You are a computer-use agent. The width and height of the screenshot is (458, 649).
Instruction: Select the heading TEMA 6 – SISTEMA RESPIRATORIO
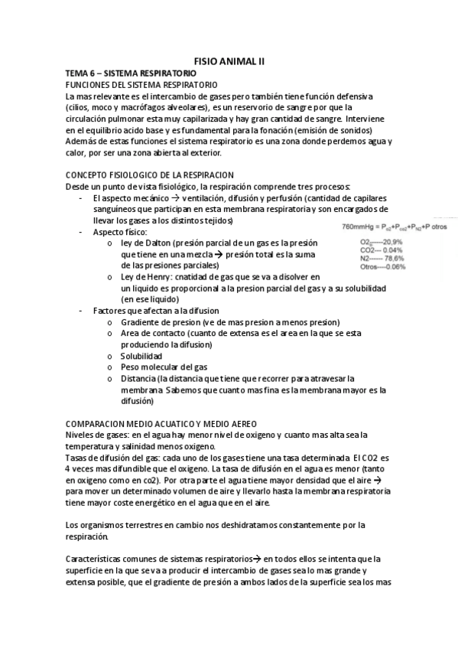(122, 72)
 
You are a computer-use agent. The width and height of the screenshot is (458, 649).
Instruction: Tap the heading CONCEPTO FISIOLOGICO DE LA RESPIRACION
(150, 175)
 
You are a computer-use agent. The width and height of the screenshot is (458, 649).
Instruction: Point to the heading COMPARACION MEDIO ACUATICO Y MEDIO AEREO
(161, 423)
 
